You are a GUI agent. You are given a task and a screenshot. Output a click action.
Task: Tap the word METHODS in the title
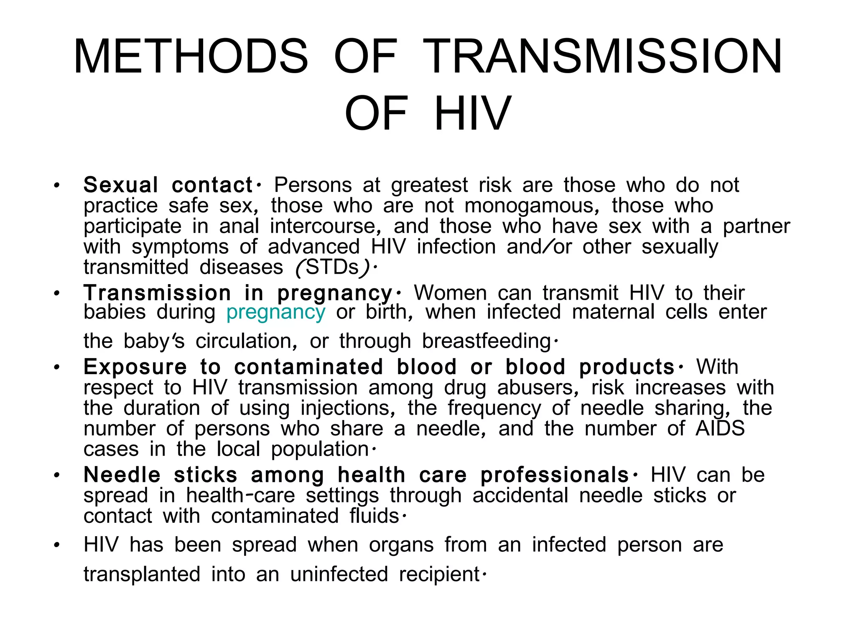[x=191, y=57]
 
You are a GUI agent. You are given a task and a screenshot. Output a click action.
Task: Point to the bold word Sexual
[x=121, y=185]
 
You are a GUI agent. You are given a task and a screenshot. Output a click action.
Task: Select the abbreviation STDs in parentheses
[x=332, y=267]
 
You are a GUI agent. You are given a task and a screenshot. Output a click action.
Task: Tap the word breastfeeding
[x=487, y=341]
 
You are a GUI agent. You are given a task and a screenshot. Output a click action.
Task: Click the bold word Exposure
[x=135, y=367]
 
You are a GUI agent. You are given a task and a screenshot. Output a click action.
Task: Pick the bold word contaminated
[x=308, y=367]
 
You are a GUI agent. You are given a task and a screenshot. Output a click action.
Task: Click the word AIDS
[x=720, y=428]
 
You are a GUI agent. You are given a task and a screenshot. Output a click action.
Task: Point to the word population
[x=320, y=449]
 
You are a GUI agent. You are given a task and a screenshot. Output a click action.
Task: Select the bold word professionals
[x=555, y=475]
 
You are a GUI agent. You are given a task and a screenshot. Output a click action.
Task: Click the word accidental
[x=520, y=496]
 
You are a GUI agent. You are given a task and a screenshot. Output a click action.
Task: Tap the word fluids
[x=374, y=516]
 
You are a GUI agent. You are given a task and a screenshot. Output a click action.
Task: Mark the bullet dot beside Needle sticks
[x=57, y=476]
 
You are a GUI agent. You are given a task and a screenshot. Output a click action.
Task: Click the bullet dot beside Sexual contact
[x=57, y=186]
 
